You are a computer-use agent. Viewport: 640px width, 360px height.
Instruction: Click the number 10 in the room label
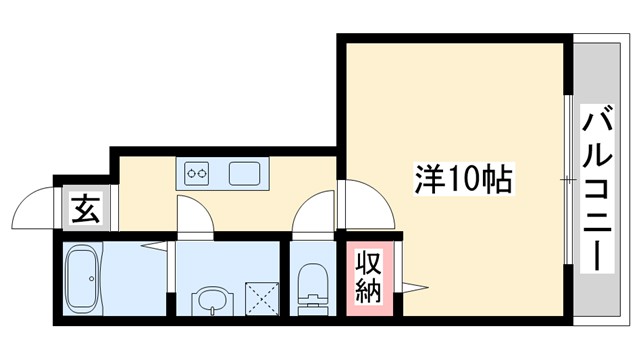[x=465, y=179]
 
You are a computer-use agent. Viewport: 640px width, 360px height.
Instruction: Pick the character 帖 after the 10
[x=497, y=179]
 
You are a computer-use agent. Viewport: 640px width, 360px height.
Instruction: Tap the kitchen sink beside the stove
[x=246, y=174]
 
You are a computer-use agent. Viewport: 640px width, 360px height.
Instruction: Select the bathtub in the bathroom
[x=81, y=281]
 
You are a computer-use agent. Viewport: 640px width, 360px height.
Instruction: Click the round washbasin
[x=211, y=297]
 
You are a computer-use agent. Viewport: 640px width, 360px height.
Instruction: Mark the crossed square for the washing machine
[x=263, y=298]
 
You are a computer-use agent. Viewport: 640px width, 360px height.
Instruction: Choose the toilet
[x=314, y=286]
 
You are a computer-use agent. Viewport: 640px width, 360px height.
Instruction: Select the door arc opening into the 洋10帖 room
[x=360, y=199]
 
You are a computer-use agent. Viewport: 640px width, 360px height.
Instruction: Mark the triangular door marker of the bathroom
[x=153, y=246]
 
